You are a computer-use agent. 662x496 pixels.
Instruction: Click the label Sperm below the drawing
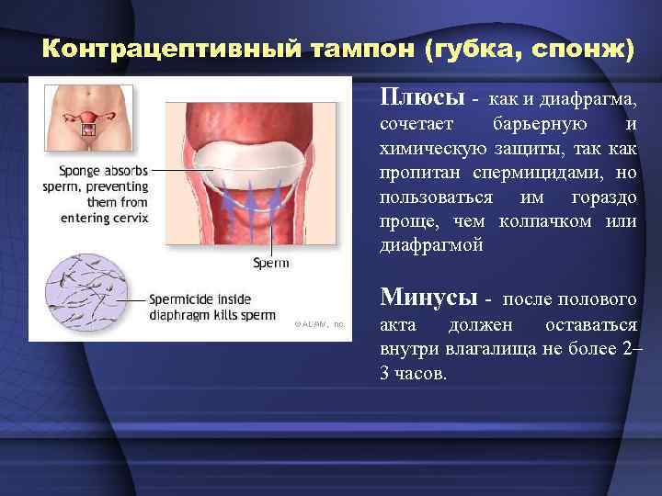click(270, 263)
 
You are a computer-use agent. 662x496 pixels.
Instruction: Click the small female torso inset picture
click(88, 118)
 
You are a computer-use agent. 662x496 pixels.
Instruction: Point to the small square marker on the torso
click(89, 130)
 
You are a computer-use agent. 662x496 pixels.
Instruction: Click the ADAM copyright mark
click(318, 324)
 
